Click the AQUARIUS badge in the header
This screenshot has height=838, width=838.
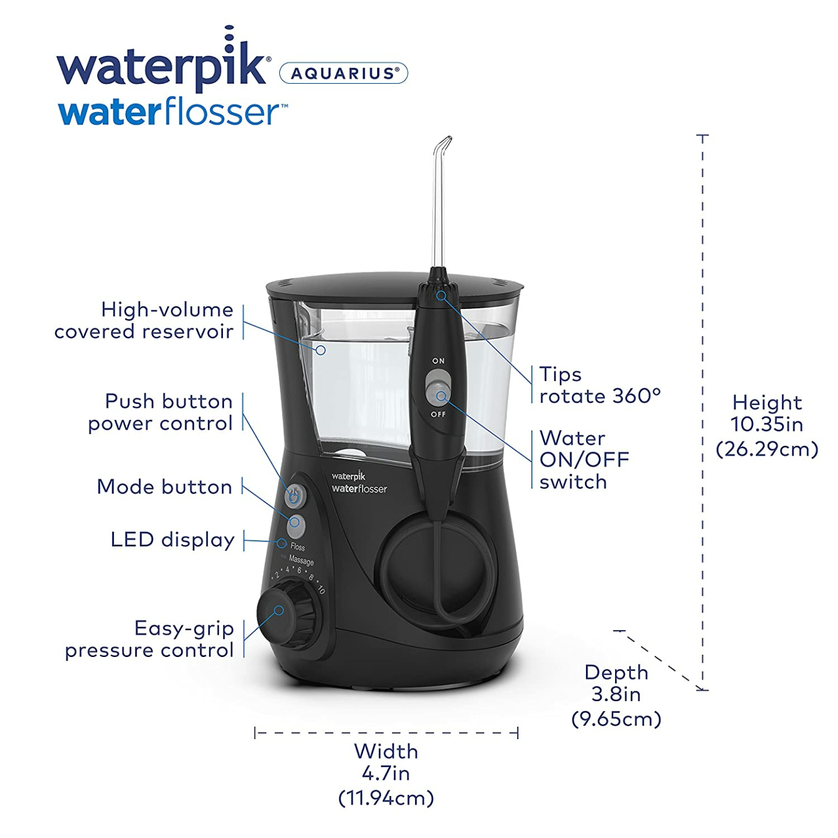343,73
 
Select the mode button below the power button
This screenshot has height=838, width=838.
296,525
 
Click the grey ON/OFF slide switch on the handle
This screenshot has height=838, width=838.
438,387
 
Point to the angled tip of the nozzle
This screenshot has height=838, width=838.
445,142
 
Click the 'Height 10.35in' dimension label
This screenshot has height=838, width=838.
766,425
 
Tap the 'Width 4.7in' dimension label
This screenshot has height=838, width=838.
386,774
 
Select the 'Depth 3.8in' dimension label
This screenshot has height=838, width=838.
616,695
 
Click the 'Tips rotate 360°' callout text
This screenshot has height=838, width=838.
599,385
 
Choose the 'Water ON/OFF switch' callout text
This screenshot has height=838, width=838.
584,460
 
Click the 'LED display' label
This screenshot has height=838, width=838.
172,540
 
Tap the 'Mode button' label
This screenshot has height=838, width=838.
165,487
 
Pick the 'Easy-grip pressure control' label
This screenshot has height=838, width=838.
150,639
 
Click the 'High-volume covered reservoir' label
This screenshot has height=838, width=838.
144,320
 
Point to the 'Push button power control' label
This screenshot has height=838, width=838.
161,412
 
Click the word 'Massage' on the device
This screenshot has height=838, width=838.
301,560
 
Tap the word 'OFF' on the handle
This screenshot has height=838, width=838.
438,414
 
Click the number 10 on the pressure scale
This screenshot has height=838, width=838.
321,589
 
